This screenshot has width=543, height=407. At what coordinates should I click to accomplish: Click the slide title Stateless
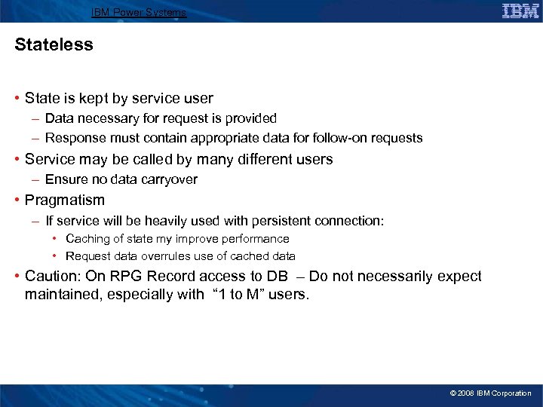[54, 45]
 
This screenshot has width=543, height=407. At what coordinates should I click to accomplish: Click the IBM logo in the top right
[520, 11]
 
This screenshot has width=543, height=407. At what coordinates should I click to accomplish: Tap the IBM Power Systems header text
[138, 13]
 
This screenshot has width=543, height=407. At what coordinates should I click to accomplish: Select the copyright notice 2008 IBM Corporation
[490, 393]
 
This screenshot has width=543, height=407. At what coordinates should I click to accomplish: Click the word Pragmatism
[65, 200]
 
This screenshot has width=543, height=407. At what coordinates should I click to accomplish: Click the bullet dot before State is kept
[17, 99]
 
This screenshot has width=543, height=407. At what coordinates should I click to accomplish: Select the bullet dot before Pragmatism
[17, 200]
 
